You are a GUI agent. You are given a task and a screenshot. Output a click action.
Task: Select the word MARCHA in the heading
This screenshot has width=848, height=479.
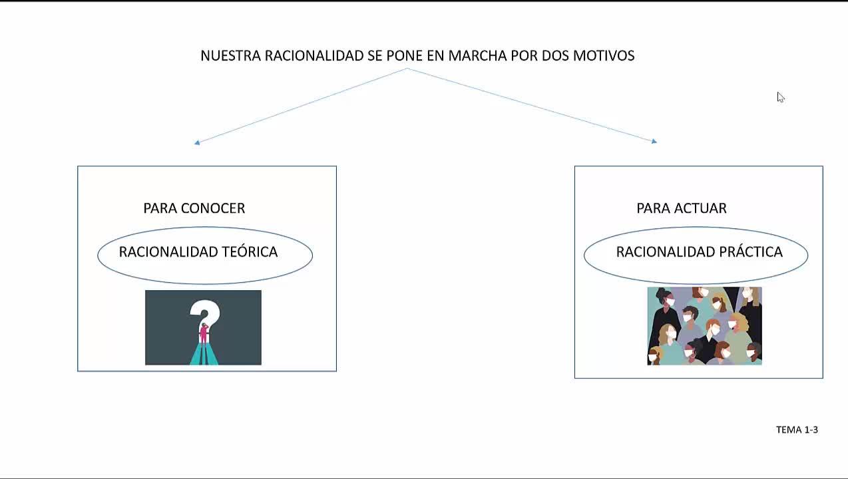[x=477, y=56]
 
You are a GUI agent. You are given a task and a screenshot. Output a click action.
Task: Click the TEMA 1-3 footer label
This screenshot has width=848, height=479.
[x=797, y=430]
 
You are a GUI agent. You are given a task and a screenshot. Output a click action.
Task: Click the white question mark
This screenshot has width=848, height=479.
[x=205, y=313]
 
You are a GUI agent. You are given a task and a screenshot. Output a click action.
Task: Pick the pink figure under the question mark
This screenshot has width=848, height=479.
[x=204, y=333]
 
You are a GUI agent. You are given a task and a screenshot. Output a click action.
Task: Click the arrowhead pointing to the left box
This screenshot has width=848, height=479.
[x=197, y=142]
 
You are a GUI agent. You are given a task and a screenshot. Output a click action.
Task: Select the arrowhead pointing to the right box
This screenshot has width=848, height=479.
[x=654, y=141]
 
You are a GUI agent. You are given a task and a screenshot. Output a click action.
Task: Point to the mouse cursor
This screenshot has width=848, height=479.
[x=780, y=97]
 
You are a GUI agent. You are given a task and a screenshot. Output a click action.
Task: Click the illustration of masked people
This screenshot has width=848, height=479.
[x=704, y=326]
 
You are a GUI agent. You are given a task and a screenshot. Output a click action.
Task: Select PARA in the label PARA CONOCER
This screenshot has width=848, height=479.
[x=160, y=208]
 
